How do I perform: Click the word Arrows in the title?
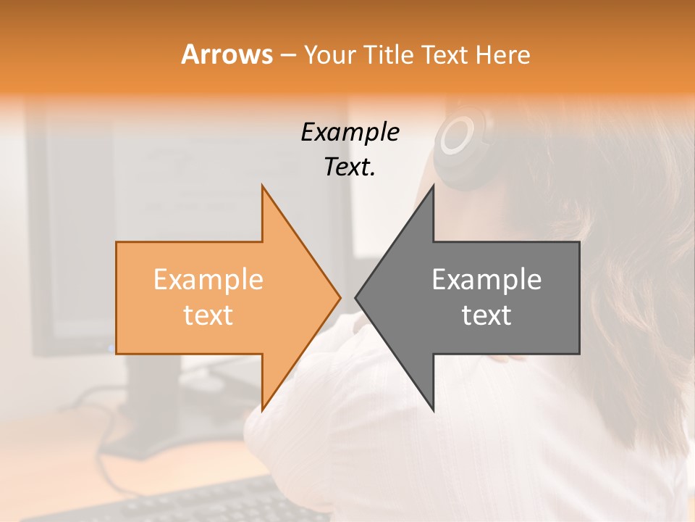227,54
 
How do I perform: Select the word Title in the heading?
390,55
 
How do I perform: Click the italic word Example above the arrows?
350,132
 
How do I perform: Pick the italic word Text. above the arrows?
350,167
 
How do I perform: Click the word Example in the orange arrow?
208,279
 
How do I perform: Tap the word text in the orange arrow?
208,315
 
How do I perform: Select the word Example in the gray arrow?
486,279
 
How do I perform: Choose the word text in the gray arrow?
486,315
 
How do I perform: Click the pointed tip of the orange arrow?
340,297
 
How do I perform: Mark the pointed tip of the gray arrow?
355,297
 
